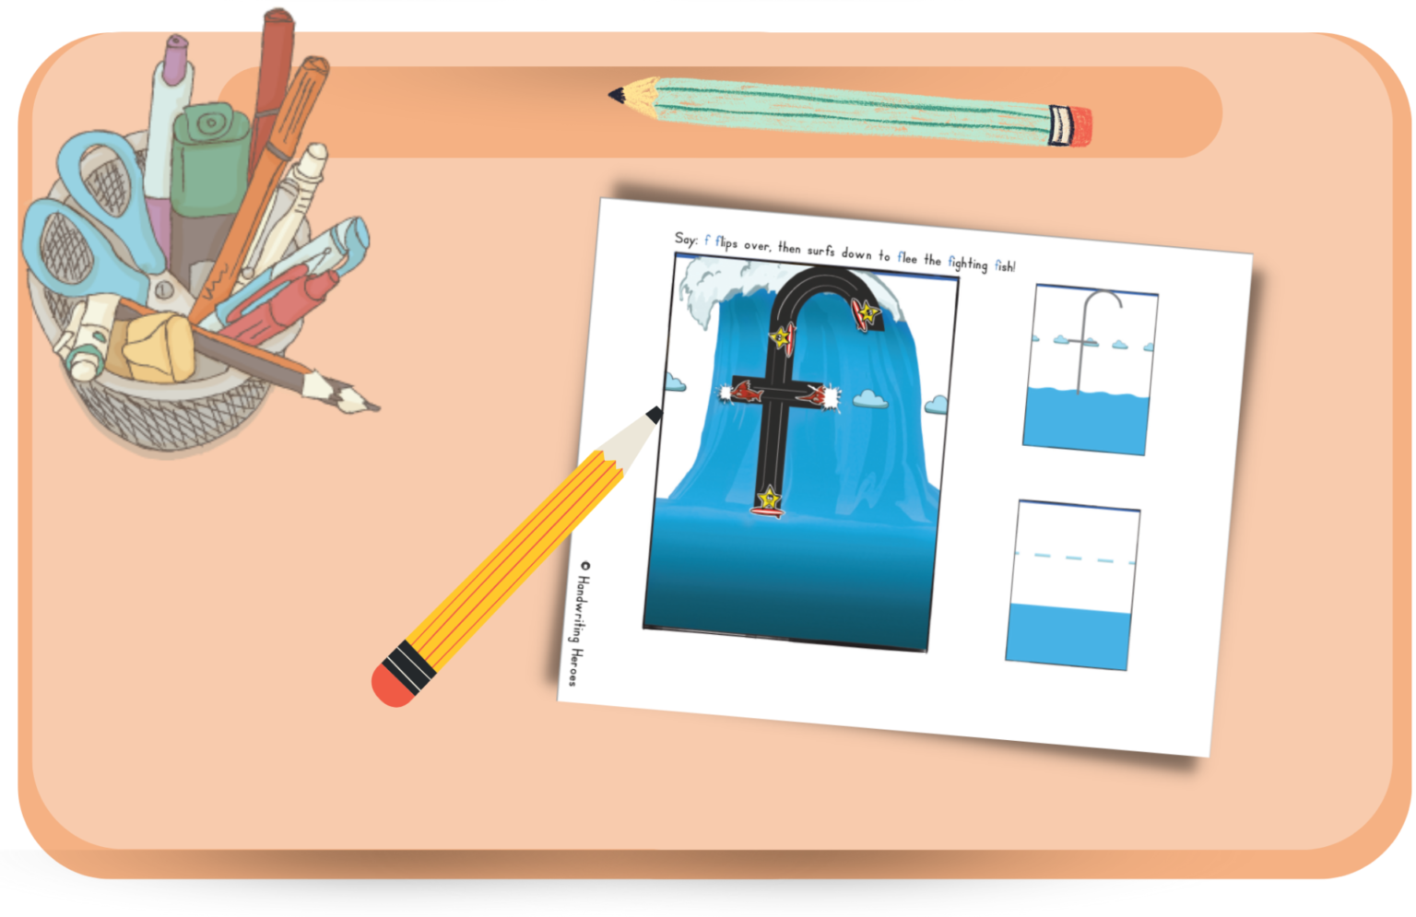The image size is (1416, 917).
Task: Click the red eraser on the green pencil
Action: coord(1070,126)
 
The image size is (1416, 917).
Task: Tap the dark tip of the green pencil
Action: coord(614,94)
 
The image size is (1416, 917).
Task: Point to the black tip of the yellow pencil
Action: coord(654,415)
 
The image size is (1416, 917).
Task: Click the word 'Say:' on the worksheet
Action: coord(687,240)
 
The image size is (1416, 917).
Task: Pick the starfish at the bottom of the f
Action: coord(767,500)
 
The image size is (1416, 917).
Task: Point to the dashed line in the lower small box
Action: coord(1075,558)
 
